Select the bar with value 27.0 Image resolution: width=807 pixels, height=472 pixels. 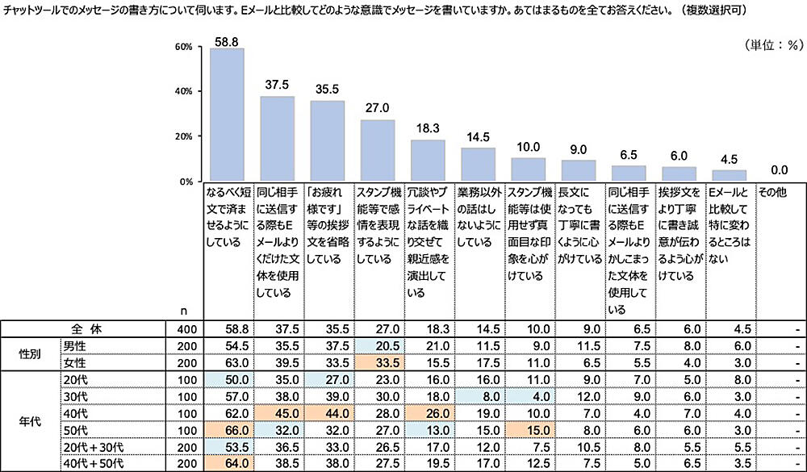click(377, 150)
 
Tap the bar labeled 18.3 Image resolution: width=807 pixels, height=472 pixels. click(428, 160)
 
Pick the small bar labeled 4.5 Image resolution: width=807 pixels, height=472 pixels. click(729, 175)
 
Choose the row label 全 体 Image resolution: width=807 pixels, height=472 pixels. click(84, 329)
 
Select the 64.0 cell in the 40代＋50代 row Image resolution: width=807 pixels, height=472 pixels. click(226, 464)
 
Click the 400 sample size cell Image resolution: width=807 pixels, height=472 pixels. click(184, 329)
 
